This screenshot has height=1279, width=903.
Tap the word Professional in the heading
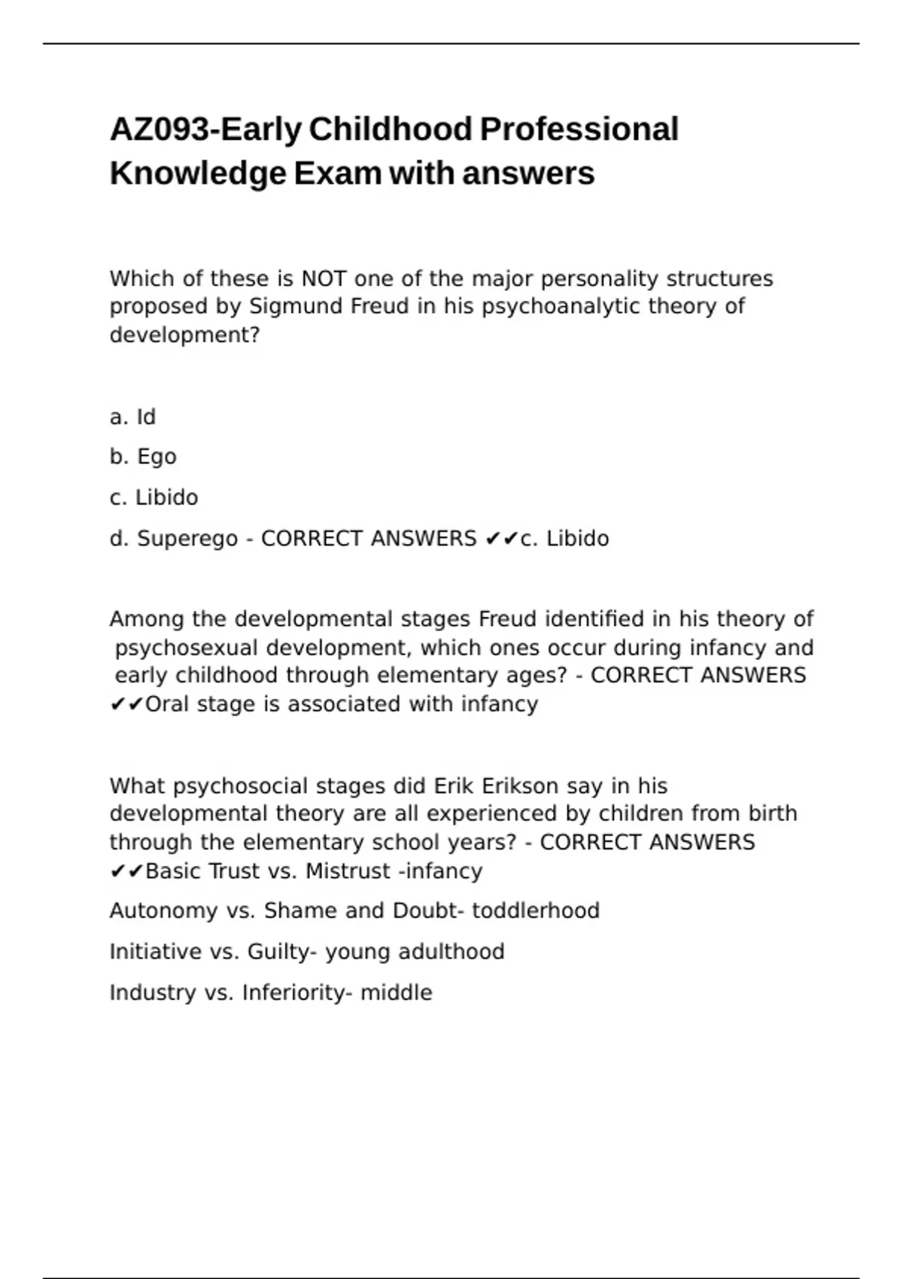(x=579, y=129)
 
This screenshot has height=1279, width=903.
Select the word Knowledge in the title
(x=198, y=174)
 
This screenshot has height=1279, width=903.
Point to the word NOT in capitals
(x=324, y=278)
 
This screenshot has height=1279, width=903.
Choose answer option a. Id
(x=132, y=417)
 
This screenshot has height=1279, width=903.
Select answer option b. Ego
(x=143, y=457)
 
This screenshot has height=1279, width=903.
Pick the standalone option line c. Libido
(x=154, y=497)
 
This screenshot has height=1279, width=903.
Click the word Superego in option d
(x=187, y=539)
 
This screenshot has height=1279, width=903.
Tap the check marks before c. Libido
(x=502, y=539)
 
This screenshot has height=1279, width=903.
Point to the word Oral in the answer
(x=167, y=704)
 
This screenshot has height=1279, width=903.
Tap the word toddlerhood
(x=535, y=911)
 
